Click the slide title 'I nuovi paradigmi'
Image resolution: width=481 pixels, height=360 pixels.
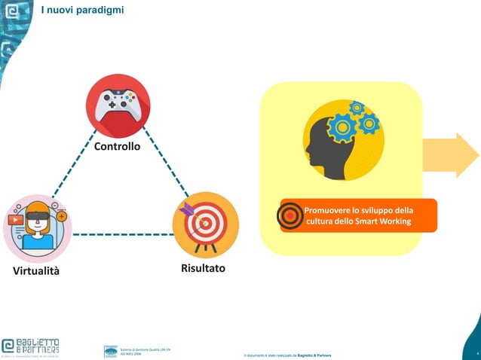[93, 10]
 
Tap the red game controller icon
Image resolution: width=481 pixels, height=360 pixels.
[118, 105]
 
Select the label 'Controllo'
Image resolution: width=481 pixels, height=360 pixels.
[117, 145]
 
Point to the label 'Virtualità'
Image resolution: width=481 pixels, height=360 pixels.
[35, 270]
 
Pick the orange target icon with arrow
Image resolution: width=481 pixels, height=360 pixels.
[205, 224]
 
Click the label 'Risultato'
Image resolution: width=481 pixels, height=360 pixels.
[203, 268]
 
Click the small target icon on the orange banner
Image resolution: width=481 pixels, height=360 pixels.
[290, 215]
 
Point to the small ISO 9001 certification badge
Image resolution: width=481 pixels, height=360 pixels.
[111, 351]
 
